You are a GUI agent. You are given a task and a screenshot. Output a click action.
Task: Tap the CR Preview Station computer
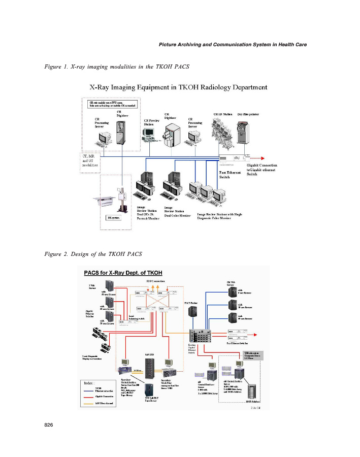point(148,134)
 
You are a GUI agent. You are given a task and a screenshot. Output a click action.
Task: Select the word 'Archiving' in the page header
point(191,44)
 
